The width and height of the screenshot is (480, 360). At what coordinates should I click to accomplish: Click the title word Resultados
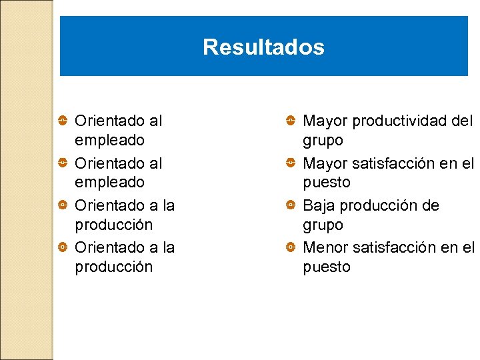tap(263, 47)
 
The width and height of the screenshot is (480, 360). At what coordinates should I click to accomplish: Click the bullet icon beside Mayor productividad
tap(291, 121)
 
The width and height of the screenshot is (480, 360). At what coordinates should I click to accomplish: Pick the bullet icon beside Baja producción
tap(291, 205)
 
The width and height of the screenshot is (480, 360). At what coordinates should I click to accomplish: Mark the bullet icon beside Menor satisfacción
tap(291, 247)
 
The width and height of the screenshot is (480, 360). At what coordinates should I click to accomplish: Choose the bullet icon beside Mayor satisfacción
tap(291, 163)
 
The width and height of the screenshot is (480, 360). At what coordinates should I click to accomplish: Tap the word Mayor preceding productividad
tap(325, 121)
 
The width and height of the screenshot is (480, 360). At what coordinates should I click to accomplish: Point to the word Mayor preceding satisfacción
tap(325, 163)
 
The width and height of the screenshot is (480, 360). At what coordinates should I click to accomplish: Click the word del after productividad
tap(461, 121)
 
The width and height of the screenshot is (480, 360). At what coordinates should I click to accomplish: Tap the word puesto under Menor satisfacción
tap(326, 267)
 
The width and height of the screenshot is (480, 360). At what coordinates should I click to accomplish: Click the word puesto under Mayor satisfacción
tap(326, 183)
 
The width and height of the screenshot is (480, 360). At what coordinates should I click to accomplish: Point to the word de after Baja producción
tap(431, 205)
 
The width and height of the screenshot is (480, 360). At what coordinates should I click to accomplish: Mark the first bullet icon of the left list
tap(62, 121)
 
